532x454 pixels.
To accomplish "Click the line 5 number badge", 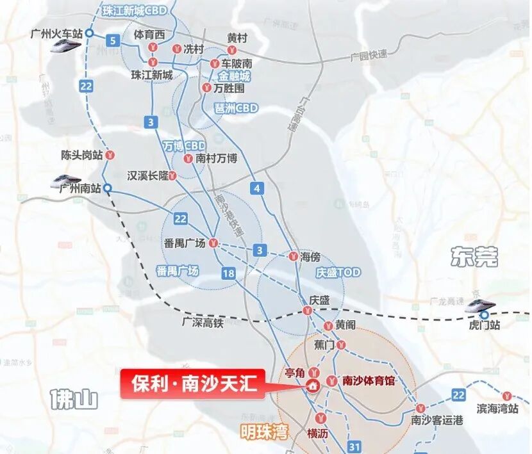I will tap(113, 42).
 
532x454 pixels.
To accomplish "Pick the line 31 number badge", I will tap(354, 446).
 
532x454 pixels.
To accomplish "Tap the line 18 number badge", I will tap(229, 274).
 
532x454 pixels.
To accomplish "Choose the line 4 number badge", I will tap(258, 188).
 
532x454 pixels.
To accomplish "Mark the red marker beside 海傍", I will tap(292, 256).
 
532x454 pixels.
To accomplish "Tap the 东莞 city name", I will tap(474, 257).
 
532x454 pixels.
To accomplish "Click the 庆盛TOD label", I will tap(338, 272).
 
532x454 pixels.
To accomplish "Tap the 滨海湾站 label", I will tap(497, 409).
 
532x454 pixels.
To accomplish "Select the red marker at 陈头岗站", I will tap(110, 154).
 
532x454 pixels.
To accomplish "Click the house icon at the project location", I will tap(313, 385).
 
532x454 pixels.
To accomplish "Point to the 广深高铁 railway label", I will tap(203, 323).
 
